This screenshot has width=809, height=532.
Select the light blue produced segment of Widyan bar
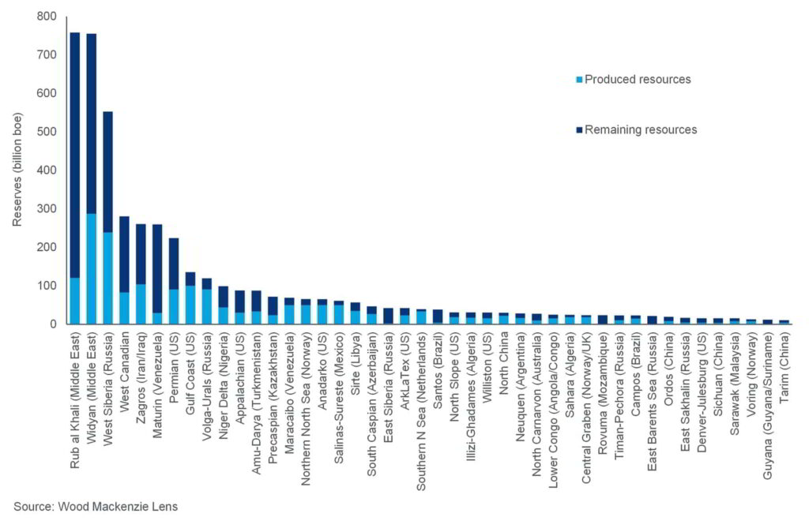[x=92, y=268]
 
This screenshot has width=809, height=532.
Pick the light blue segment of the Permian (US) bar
[x=174, y=306]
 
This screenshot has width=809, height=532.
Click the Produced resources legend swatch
[x=579, y=80]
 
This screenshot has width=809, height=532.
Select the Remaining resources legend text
[x=641, y=129]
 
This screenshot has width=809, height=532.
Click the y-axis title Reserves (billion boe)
[x=17, y=170]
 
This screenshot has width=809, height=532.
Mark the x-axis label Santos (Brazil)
[x=437, y=371]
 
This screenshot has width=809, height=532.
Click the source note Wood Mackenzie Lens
[x=96, y=508]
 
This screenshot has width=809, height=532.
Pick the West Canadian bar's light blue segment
[x=125, y=308]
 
